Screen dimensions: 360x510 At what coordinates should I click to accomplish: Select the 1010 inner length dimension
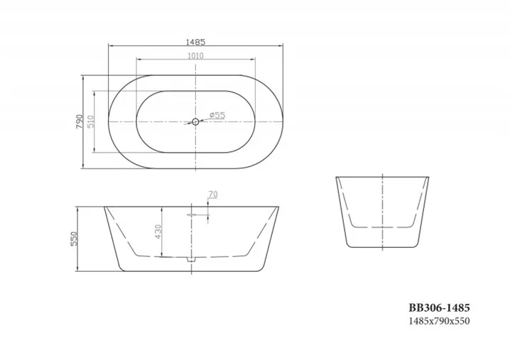195,55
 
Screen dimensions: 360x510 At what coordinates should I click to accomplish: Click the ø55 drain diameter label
217,116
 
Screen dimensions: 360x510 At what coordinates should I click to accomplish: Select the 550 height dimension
73,239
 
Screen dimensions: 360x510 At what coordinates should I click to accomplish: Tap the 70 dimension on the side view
212,195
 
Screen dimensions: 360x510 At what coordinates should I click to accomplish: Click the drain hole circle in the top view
195,121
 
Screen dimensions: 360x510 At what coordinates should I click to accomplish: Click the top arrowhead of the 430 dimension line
163,209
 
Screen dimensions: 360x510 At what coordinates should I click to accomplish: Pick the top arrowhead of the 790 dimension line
84,75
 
